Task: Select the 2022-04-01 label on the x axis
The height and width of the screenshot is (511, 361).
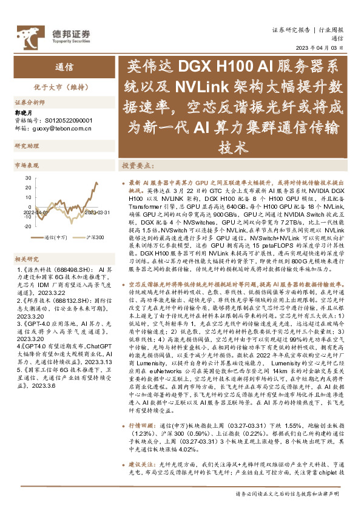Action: coord(35,212)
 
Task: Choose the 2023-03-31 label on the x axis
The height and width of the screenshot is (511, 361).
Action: coord(96,212)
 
